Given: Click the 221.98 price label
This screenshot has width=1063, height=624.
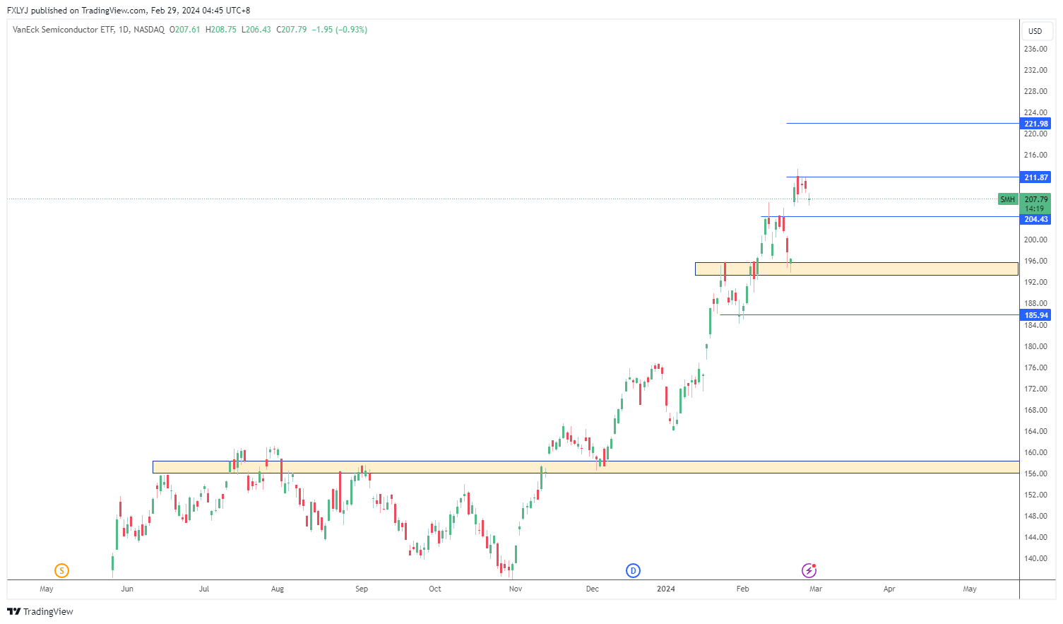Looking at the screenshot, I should [1036, 124].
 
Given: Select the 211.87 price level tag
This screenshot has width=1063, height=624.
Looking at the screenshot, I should [1036, 177].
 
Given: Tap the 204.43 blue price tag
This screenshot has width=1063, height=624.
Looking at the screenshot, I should [1036, 219].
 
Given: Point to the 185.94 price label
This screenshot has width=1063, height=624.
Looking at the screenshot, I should [1036, 315].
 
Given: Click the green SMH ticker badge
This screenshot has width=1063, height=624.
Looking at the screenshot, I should [1007, 199].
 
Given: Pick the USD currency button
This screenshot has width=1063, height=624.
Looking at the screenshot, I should [1035, 31].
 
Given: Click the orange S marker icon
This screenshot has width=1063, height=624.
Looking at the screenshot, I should [61, 570].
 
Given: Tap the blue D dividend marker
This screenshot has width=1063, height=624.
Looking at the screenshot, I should [634, 570].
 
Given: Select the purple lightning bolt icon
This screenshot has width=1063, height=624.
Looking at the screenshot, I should [809, 570].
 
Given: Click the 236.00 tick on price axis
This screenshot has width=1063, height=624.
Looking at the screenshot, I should [1035, 49].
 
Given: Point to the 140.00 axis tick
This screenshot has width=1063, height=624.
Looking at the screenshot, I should [1035, 558].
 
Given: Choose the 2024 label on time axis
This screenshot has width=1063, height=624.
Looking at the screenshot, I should [666, 589].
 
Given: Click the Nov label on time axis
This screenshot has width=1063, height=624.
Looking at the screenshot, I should [516, 589].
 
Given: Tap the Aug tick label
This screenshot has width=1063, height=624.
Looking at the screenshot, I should [278, 589].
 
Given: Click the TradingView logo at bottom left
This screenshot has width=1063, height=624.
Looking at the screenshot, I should [40, 611].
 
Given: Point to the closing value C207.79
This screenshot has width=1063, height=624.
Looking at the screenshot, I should [291, 30].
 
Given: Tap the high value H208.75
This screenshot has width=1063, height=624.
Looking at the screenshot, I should [220, 30].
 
